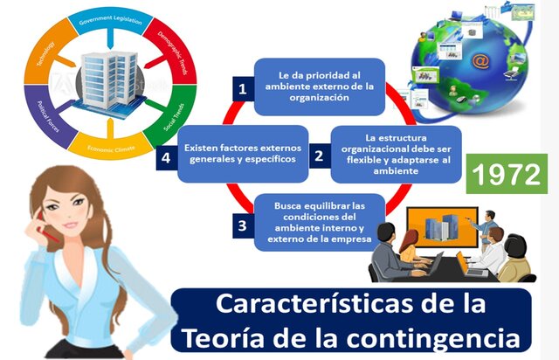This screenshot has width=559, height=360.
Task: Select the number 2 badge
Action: pos(319,156)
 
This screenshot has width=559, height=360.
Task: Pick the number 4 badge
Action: pos(167,158)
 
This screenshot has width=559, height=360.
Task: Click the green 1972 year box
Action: pos(502,174)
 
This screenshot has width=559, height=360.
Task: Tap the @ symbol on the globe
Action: pos(480,61)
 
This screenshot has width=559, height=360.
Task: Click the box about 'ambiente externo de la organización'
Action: pos(319,87)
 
